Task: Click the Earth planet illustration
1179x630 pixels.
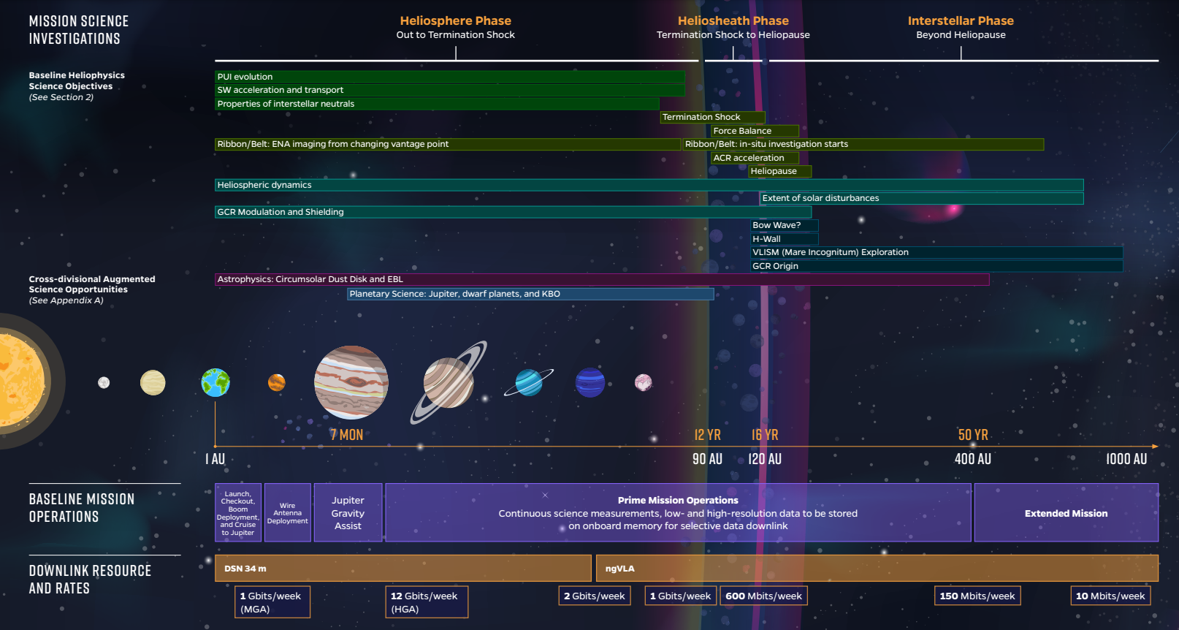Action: (215, 382)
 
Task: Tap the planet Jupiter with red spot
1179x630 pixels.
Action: (351, 382)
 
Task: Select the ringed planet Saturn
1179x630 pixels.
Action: (449, 382)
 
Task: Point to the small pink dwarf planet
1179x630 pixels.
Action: (643, 382)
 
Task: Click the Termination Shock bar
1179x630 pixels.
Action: (712, 117)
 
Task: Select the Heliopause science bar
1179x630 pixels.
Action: (779, 171)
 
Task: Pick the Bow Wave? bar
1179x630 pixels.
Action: (784, 225)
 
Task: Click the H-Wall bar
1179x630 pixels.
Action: (784, 239)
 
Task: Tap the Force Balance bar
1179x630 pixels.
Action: (754, 131)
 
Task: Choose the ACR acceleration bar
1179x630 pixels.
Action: (754, 158)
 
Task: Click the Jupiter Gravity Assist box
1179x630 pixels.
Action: (348, 513)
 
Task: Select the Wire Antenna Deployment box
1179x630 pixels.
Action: (288, 513)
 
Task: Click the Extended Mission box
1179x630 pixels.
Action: (1066, 513)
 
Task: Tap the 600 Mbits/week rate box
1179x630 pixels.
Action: (763, 596)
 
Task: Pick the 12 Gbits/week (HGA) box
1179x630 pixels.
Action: (427, 602)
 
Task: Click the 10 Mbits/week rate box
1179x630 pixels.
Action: (1110, 596)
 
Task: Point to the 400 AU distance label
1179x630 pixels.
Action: (973, 459)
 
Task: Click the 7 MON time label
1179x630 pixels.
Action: (346, 435)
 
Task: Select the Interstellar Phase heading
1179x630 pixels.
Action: (961, 21)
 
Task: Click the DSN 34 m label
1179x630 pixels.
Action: (245, 569)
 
